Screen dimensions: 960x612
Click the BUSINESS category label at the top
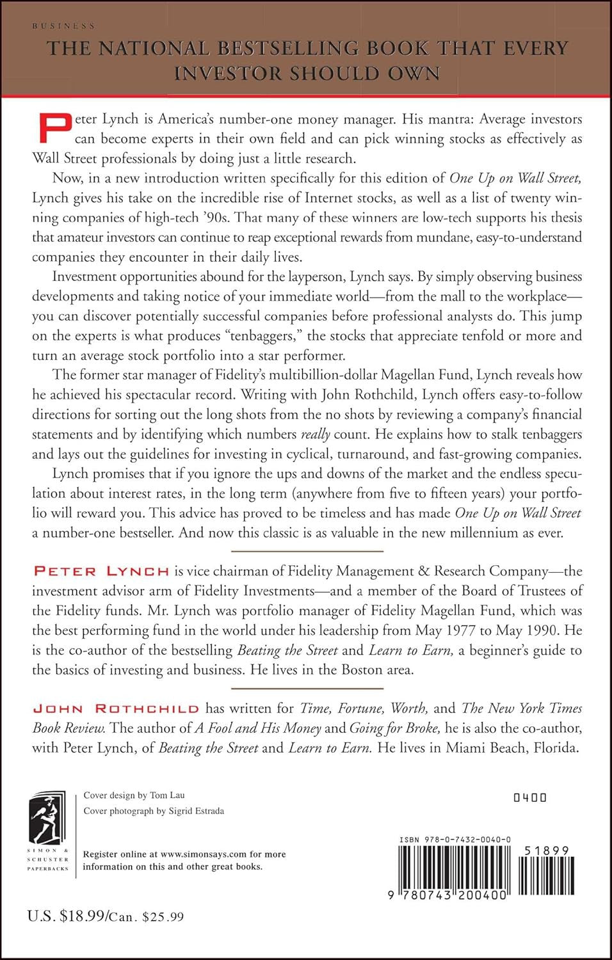pyautogui.click(x=63, y=26)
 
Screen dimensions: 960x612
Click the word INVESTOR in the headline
pyautogui.click(x=227, y=74)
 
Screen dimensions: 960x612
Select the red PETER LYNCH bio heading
pyautogui.click(x=101, y=571)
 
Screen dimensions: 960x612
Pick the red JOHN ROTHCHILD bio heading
pyautogui.click(x=116, y=708)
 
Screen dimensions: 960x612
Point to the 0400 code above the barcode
pyautogui.click(x=531, y=797)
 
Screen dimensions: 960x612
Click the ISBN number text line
pyautogui.click(x=455, y=840)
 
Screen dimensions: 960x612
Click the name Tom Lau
pyautogui.click(x=167, y=795)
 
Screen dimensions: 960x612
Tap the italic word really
pyautogui.click(x=315, y=435)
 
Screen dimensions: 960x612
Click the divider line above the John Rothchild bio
pyautogui.click(x=307, y=689)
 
